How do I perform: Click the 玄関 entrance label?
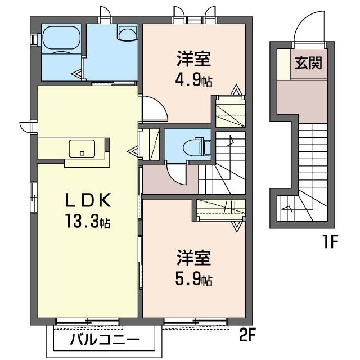tap(309, 62)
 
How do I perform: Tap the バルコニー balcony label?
tap(105, 340)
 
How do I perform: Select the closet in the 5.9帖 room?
tap(221, 209)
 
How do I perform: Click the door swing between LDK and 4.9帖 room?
tap(153, 110)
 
